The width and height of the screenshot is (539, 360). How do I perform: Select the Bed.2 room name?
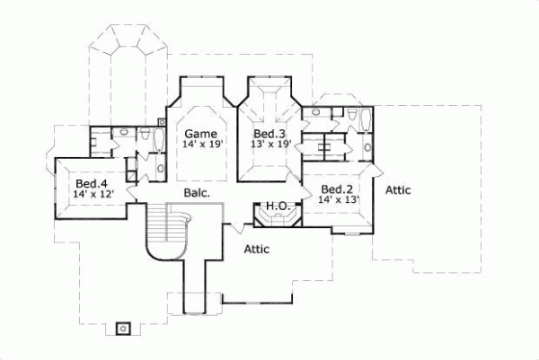pos(336,189)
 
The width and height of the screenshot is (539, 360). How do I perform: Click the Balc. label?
pos(197,192)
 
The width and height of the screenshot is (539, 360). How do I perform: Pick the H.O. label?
pos(277,206)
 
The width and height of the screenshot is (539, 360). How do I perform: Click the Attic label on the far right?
pos(398,190)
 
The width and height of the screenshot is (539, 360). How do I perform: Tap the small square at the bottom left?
pos(125,327)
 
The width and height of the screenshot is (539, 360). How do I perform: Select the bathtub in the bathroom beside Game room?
pos(159,139)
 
